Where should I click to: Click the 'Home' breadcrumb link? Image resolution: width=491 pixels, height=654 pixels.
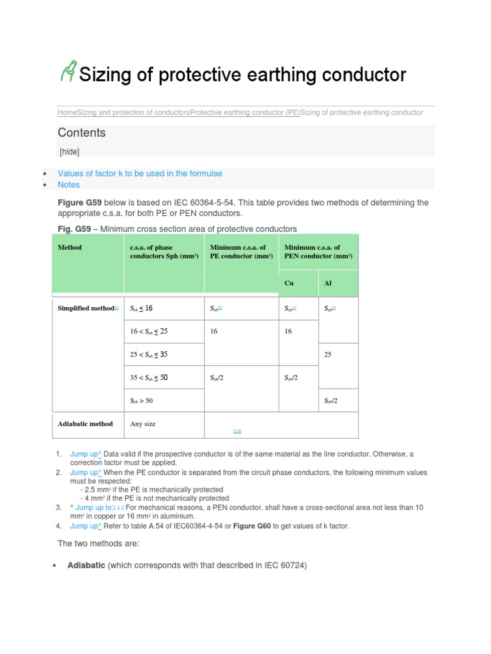pyautogui.click(x=67, y=112)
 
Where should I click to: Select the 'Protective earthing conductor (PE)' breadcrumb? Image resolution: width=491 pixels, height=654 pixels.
pyautogui.click(x=245, y=112)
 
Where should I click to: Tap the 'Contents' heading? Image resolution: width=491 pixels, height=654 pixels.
pyautogui.click(x=81, y=133)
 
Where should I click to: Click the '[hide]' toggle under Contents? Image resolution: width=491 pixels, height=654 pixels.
pyautogui.click(x=69, y=151)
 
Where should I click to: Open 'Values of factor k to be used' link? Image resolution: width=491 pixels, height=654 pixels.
pyautogui.click(x=140, y=174)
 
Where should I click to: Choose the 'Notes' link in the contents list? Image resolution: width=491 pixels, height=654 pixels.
pyautogui.click(x=68, y=185)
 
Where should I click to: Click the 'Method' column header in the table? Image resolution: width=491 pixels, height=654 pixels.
pyautogui.click(x=70, y=247)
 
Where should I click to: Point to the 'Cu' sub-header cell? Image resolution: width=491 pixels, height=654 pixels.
pyautogui.click(x=289, y=283)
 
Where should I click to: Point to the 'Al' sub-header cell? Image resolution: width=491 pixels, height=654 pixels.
pyautogui.click(x=328, y=283)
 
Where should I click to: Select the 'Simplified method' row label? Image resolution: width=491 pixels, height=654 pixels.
pyautogui.click(x=86, y=308)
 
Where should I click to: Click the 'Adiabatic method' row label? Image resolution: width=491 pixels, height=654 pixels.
pyautogui.click(x=85, y=423)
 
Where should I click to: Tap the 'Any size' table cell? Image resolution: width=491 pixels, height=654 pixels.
pyautogui.click(x=143, y=423)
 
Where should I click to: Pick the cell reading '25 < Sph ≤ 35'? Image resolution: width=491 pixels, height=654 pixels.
pyautogui.click(x=149, y=354)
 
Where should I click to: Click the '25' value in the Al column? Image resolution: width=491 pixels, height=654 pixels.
pyautogui.click(x=328, y=354)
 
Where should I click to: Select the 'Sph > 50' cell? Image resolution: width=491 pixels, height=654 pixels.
pyautogui.click(x=141, y=400)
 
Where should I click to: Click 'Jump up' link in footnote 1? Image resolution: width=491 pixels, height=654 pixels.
pyautogui.click(x=86, y=454)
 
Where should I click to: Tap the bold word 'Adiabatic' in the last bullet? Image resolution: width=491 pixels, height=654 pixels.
pyautogui.click(x=86, y=565)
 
